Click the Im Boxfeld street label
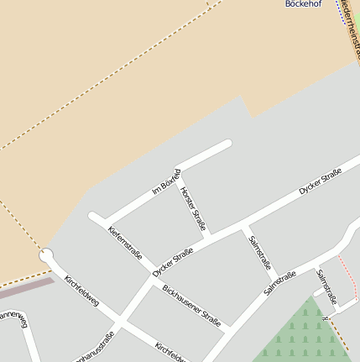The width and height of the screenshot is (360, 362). click(x=165, y=183)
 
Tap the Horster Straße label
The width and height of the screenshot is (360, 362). click(x=193, y=208)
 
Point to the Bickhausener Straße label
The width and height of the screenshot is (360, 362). click(x=191, y=308)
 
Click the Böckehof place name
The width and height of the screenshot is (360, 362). click(x=303, y=3)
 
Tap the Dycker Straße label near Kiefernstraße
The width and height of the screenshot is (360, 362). click(x=173, y=261)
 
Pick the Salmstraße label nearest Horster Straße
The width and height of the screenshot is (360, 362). click(x=259, y=252)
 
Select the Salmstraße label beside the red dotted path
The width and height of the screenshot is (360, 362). click(x=326, y=286)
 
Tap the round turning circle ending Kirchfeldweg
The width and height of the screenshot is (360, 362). click(x=46, y=254)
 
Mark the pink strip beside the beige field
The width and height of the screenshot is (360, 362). click(x=25, y=287)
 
